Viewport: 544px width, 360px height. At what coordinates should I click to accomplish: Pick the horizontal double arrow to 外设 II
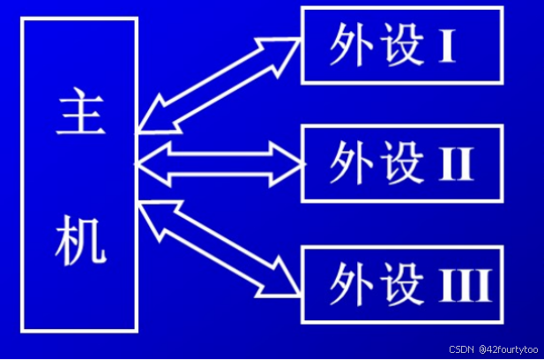click(220, 163)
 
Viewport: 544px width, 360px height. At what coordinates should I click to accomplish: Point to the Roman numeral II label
click(455, 164)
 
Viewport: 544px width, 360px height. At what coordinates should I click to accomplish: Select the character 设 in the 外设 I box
click(398, 46)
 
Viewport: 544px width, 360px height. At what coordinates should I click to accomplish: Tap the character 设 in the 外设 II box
click(398, 164)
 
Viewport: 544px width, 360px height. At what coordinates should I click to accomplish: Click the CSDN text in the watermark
click(462, 349)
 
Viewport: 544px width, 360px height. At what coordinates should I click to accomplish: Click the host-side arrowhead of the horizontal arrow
click(150, 163)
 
